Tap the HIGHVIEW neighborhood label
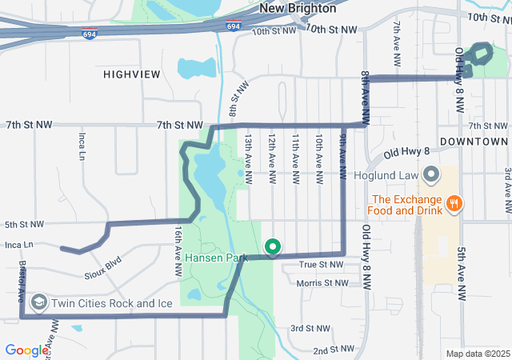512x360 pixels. tap(131, 74)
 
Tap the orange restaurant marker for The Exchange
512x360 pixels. tap(453, 203)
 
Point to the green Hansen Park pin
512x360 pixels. tap(272, 247)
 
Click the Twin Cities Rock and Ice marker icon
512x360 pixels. tap(38, 302)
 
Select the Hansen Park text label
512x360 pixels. tap(216, 258)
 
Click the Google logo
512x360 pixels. tap(27, 350)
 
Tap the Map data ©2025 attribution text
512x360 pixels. tap(477, 354)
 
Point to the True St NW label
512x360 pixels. tap(320, 264)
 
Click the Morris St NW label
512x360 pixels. tap(322, 283)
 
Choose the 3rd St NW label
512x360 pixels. tap(310, 329)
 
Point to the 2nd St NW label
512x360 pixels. tap(333, 350)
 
